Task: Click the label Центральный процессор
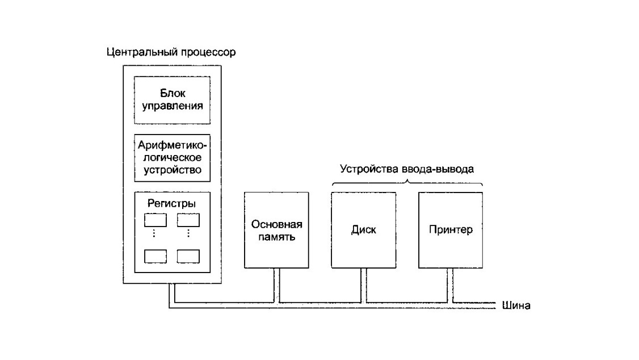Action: pos(171,52)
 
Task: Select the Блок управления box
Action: pos(173,99)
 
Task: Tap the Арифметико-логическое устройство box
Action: pos(173,156)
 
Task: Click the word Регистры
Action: pos(173,203)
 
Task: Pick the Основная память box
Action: pos(276,230)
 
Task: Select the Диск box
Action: pos(364,230)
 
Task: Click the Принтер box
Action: pos(451,230)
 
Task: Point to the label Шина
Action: pos(516,305)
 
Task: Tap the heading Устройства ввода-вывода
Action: pos(406,169)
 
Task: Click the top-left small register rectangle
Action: pos(155,219)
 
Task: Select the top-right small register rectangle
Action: pos(188,219)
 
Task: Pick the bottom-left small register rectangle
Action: pos(155,256)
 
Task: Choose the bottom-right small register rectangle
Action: pos(188,256)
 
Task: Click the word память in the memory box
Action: pos(276,237)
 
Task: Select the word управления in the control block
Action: pos(173,106)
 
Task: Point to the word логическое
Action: pos(173,157)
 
